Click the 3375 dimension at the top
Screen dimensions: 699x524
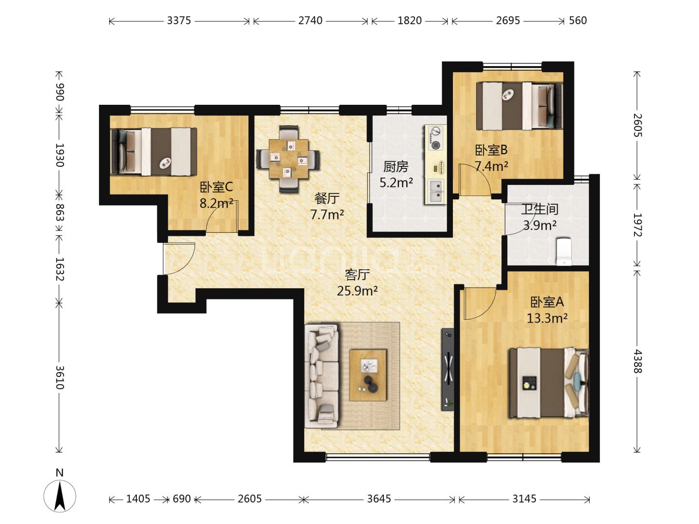[179, 21]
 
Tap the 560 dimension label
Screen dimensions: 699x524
[578, 21]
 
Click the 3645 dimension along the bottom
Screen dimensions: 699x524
[379, 499]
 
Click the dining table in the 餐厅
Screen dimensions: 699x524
[289, 159]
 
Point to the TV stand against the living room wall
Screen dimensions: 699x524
[448, 369]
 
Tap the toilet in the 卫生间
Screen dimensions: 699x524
[564, 252]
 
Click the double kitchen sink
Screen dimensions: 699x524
[435, 191]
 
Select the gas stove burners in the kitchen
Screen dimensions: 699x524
[435, 138]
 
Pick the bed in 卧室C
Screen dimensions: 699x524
[154, 152]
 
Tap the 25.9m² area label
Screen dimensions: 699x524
[357, 291]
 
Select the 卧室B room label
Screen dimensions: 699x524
[491, 150]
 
